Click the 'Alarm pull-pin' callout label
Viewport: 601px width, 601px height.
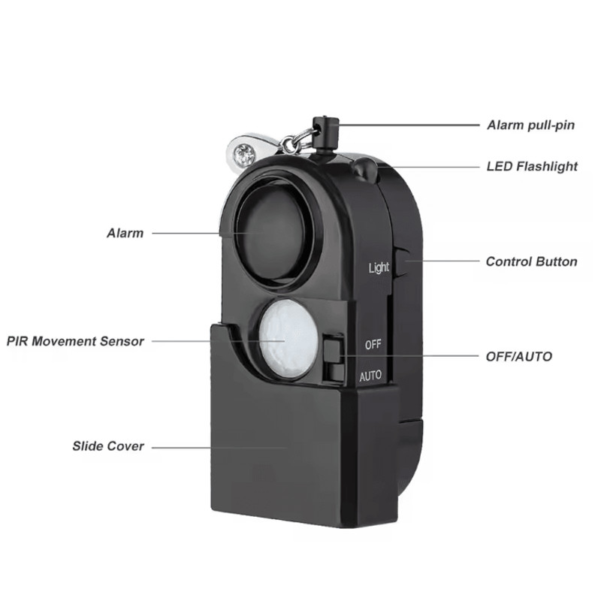531,125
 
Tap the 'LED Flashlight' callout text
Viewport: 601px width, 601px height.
532,166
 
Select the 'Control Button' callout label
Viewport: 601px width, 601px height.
532,261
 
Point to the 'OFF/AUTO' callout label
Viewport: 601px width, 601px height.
519,356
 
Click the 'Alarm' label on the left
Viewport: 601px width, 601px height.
125,233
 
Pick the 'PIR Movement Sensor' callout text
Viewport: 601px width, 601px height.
76,341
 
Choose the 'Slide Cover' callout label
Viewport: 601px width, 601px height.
108,446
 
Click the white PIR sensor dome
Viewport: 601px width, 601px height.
288,340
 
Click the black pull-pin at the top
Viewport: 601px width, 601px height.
326,134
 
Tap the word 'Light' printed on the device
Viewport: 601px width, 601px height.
379,267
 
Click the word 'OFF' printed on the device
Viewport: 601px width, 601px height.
373,345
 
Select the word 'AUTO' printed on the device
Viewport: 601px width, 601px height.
370,376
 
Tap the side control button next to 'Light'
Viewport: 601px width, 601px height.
401,262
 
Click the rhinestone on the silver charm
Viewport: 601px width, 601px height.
245,154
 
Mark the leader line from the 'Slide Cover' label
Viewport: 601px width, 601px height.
219,447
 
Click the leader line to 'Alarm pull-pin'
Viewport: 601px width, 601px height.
409,125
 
